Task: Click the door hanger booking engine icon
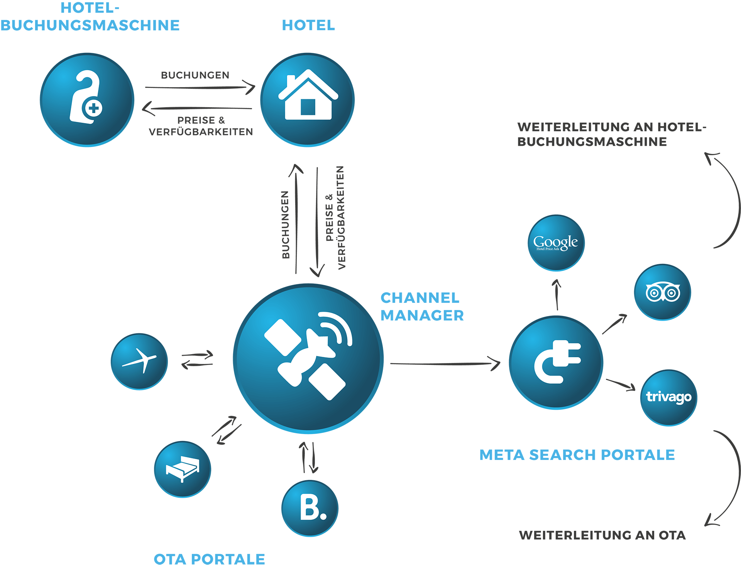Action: [87, 100]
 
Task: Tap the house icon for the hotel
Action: [307, 100]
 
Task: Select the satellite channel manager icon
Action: [308, 358]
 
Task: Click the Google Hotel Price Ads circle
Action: [556, 243]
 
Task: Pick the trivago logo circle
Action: [668, 397]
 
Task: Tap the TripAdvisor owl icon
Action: [662, 292]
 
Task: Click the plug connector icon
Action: [556, 362]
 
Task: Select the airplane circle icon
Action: [139, 362]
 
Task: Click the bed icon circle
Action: [182, 469]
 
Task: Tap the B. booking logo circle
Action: [310, 508]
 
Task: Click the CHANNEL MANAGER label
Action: [421, 307]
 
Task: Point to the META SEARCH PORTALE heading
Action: [577, 455]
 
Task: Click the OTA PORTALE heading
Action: [209, 559]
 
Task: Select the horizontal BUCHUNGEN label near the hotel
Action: [195, 75]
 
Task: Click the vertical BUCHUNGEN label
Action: [285, 225]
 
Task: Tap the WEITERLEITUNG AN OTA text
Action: [602, 535]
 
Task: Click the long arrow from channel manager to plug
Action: [444, 363]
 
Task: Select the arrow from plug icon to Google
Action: [557, 295]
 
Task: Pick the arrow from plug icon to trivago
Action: [621, 384]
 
